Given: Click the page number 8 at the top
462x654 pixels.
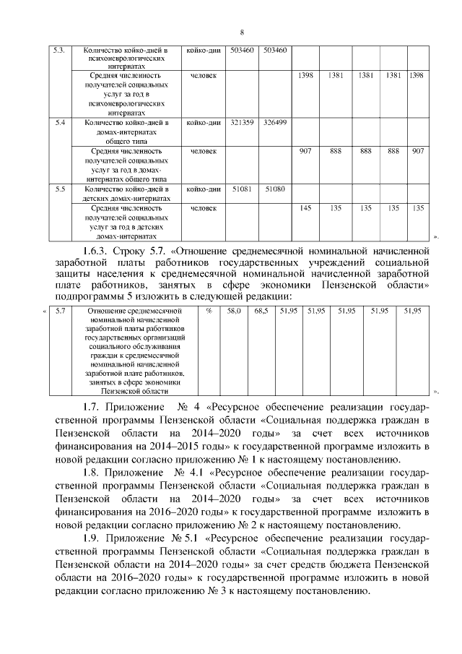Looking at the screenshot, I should [x=242, y=32].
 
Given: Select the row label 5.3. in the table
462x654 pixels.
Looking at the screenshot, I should [x=61, y=50].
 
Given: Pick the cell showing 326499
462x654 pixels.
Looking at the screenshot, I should [x=275, y=123].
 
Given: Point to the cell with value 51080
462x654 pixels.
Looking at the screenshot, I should [x=275, y=189].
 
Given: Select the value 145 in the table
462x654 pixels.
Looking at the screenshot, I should [x=305, y=207].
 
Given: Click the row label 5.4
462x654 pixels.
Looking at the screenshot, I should [x=61, y=123].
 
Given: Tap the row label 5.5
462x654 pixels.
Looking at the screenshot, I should [x=61, y=189].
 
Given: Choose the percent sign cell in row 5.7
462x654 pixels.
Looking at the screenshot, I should [x=209, y=311].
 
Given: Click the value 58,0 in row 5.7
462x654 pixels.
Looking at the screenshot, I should [x=234, y=311].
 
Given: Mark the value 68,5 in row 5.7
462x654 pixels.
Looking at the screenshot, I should [x=261, y=311].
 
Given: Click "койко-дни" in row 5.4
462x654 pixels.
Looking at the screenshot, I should [x=203, y=123].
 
